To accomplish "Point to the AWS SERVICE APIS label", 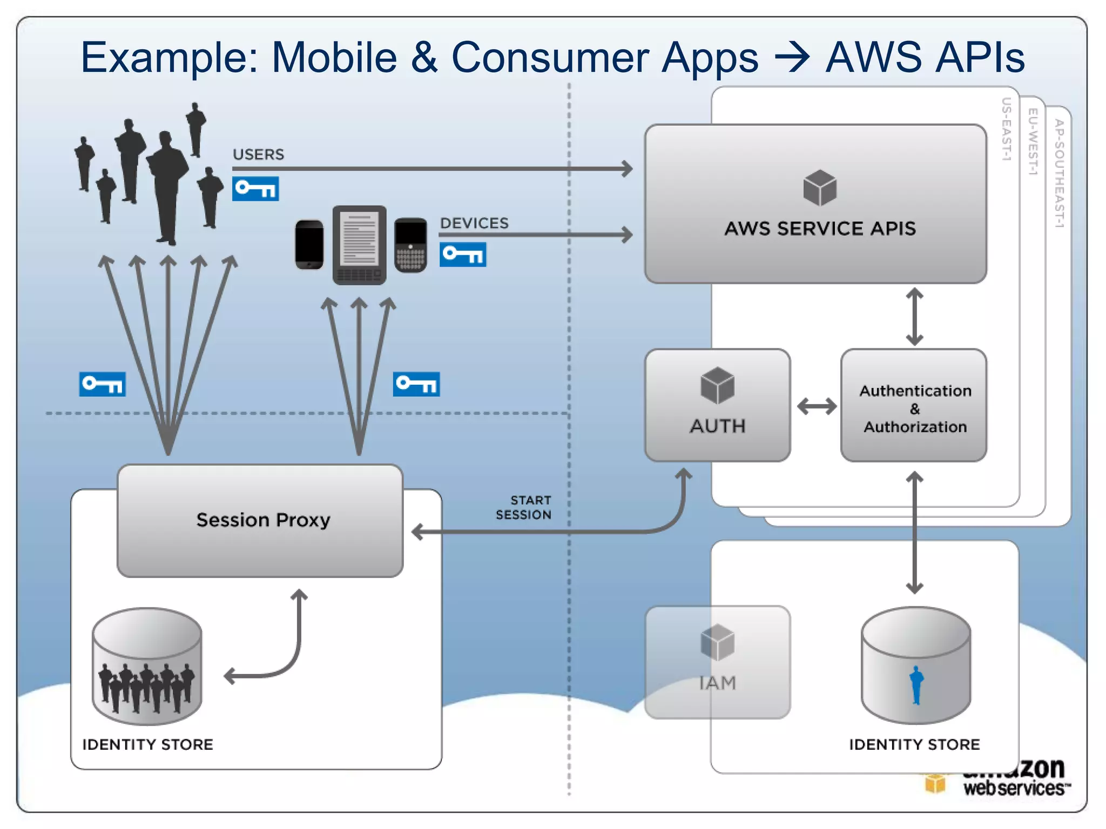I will [820, 229].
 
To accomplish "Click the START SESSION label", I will [523, 508].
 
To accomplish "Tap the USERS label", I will [258, 155].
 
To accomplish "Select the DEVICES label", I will [474, 223].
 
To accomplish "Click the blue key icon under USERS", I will [255, 189].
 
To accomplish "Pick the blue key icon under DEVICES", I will [463, 255].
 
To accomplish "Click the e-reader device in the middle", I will [359, 244].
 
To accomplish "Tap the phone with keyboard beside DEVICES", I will [410, 244].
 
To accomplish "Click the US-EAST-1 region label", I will [1006, 130].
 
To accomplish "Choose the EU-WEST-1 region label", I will [1033, 142].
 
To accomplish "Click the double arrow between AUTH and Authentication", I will [817, 406].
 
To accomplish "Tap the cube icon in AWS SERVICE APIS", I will [820, 188].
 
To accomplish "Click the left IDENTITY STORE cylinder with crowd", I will [147, 667].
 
